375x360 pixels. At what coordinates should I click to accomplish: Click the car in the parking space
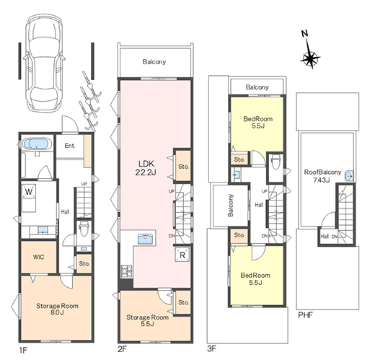pos(44,63)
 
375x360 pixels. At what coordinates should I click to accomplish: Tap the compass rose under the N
pos(310,58)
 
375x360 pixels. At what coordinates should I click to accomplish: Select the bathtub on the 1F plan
pos(37,144)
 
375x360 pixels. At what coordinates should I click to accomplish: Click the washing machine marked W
pos(29,191)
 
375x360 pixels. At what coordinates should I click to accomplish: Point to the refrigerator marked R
pos(182,255)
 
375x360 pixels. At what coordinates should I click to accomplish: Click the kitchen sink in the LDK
pos(145,239)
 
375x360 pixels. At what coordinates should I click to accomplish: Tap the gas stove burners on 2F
pos(126,271)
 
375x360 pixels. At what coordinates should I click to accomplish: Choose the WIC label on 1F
pos(38,257)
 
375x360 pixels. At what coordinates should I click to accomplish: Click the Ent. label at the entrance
pos(70,146)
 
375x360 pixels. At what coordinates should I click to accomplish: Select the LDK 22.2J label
pos(146,168)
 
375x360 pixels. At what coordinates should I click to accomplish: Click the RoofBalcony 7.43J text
pos(322,176)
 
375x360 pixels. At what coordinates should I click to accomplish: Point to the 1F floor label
pos(23,351)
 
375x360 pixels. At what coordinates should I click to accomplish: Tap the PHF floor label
pos(305,315)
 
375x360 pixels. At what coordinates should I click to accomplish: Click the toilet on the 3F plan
pos(275,162)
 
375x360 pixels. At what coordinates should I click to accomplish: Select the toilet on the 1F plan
pos(84,229)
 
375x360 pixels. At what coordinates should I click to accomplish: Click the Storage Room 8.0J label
pos(57,309)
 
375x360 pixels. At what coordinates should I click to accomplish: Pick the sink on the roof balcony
pos(348,176)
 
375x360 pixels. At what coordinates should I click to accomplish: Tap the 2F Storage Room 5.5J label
pos(147,320)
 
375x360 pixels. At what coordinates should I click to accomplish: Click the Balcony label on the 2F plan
pos(154,62)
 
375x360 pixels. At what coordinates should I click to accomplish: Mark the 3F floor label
pos(212,348)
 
